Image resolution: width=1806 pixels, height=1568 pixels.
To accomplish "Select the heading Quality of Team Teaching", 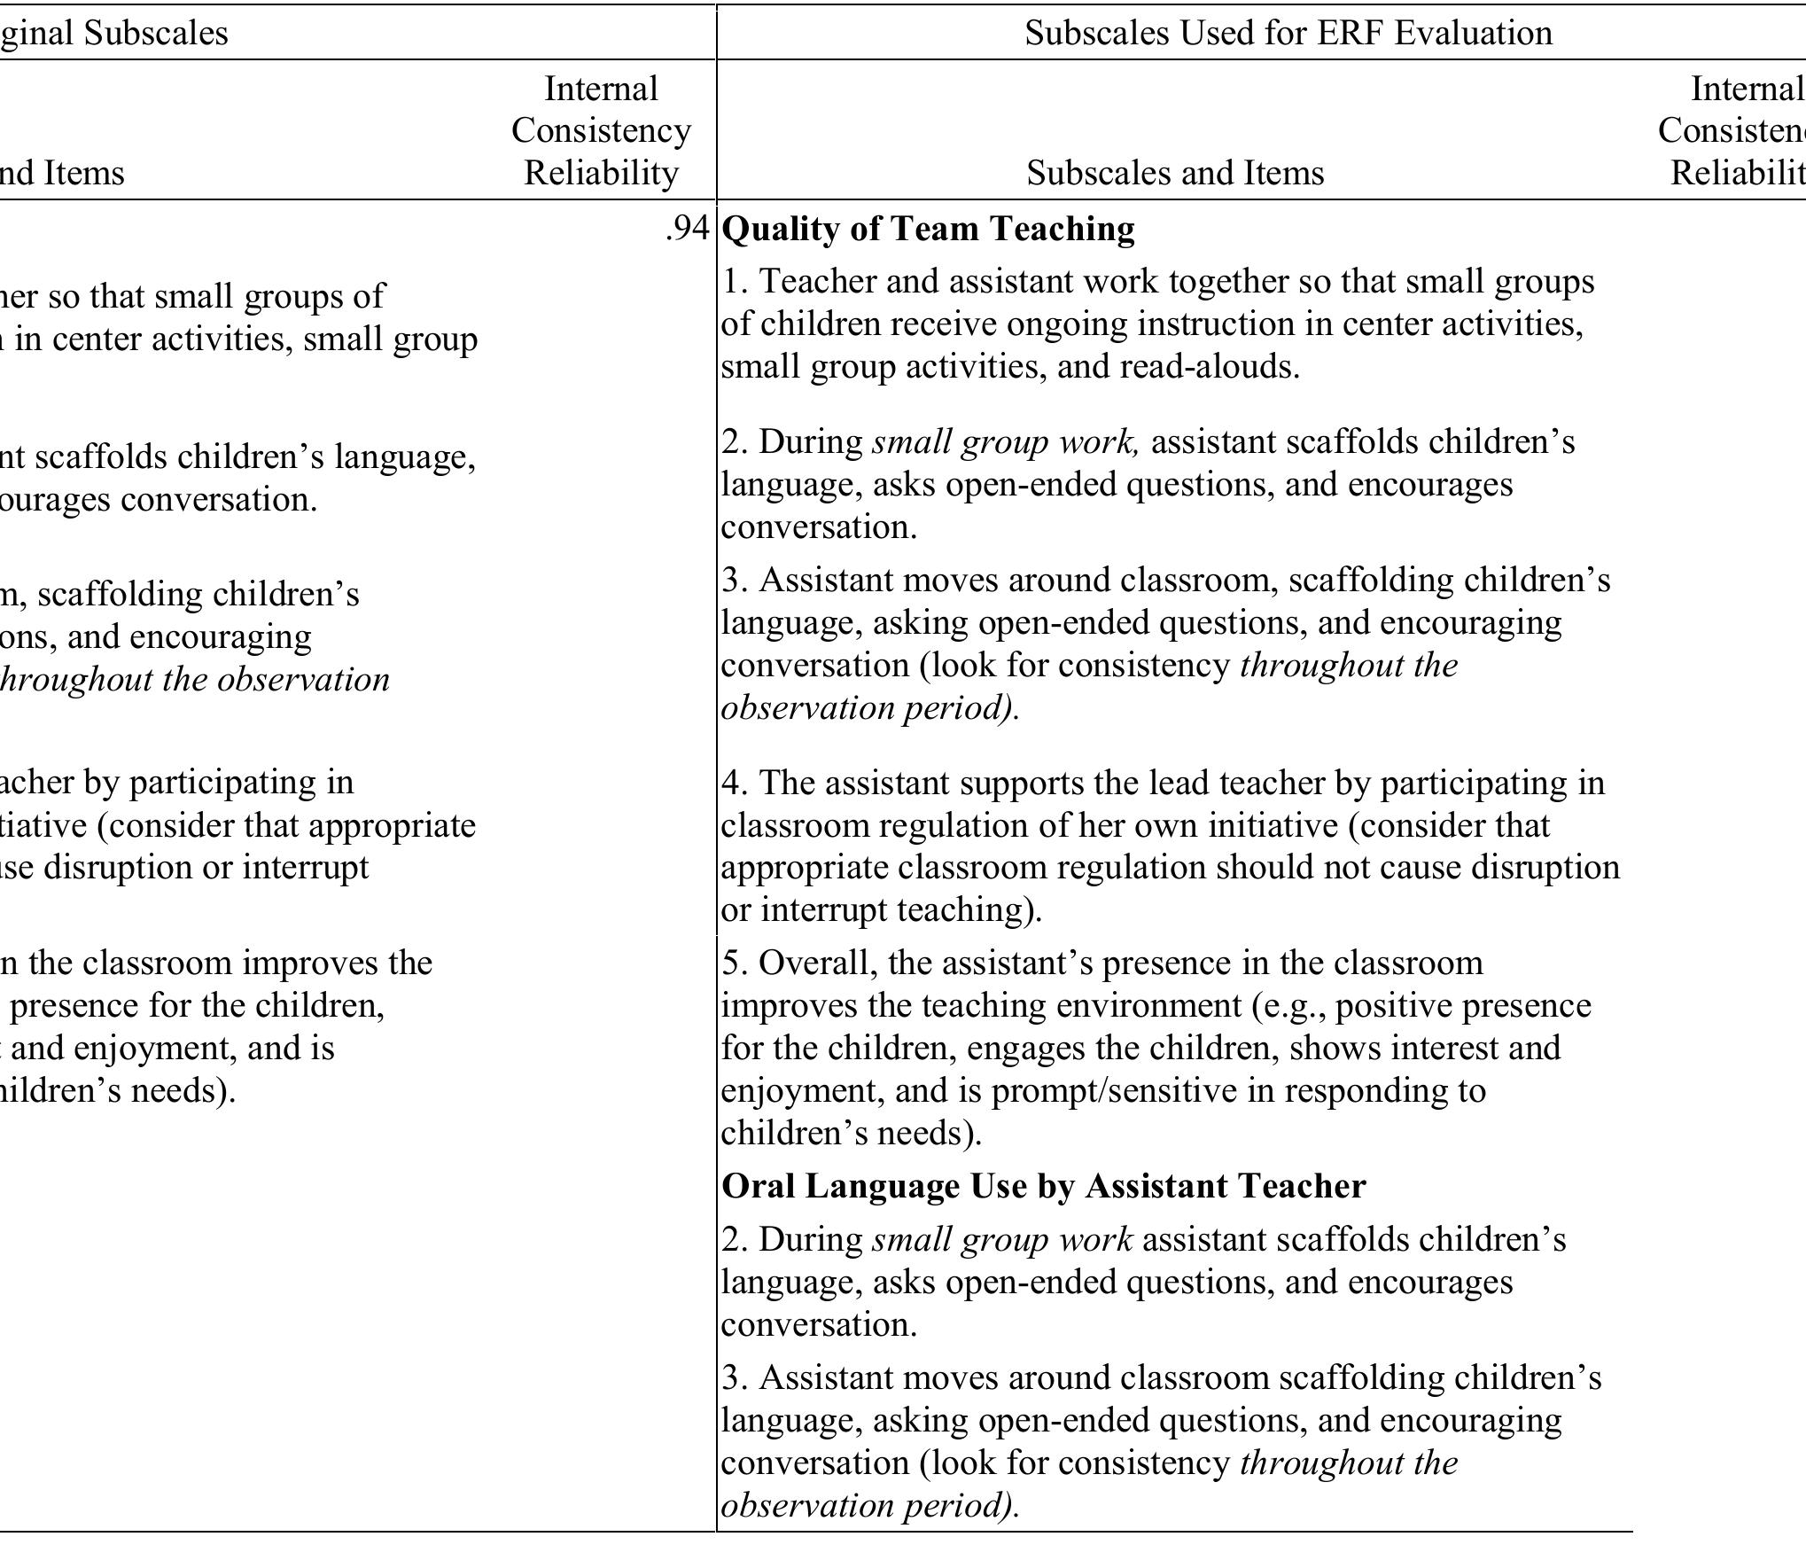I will point(929,229).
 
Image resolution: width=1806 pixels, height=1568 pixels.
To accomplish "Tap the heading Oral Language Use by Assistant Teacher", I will point(1044,1186).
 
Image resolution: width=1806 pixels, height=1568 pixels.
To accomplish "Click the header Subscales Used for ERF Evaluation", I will point(1288,33).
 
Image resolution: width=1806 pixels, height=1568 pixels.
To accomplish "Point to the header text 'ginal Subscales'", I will point(113,33).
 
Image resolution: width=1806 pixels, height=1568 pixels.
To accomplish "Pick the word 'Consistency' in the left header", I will point(601,130).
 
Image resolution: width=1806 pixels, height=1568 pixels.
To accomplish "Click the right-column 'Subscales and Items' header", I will point(1175,173).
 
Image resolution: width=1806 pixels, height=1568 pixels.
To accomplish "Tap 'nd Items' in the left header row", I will point(62,173).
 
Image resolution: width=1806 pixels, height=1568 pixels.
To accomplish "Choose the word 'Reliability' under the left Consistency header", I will point(601,173).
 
